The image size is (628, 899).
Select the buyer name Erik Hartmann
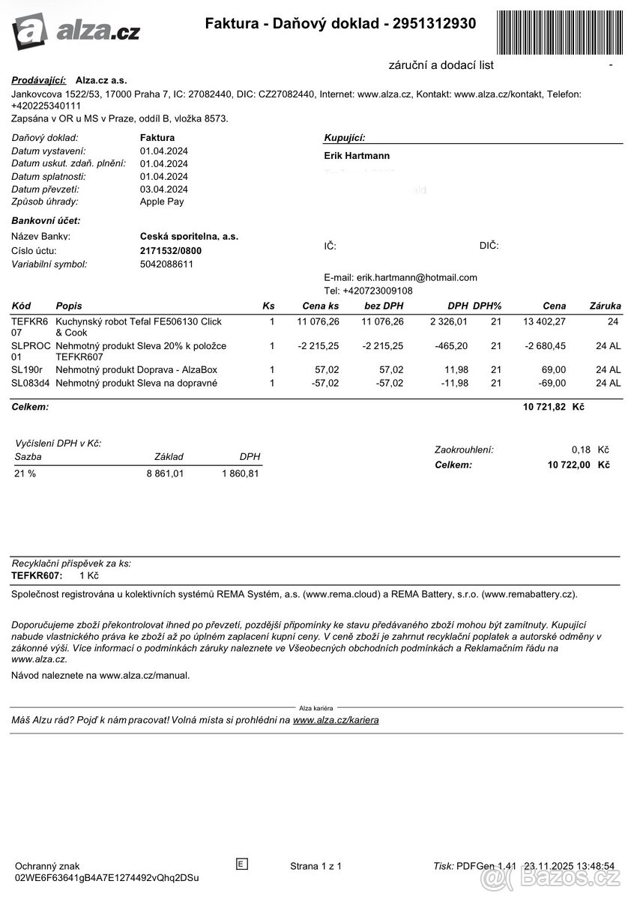pos(357,156)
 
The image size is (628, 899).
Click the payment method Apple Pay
pos(162,202)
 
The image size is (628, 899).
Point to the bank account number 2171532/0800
pos(171,251)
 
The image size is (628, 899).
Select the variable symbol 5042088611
pos(166,264)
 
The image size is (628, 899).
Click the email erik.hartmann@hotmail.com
pos(417,277)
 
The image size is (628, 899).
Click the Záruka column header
pos(605,306)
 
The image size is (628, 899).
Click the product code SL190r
pos(27,369)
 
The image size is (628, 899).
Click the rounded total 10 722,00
pos(569,464)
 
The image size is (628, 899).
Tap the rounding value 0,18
pos(581,449)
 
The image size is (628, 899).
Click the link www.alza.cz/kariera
pos(336,720)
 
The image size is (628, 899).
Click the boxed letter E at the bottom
pos(241,864)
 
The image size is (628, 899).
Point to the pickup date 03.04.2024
pos(164,189)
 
